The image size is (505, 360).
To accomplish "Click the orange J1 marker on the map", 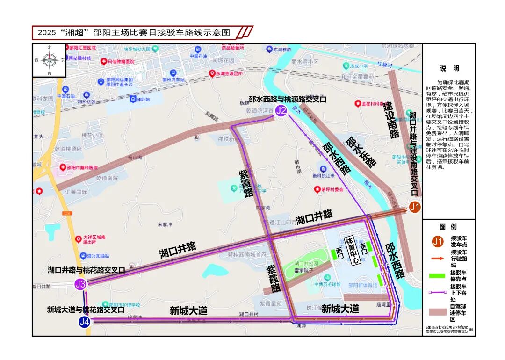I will coord(414,207).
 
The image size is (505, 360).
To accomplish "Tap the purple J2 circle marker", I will coord(281,111).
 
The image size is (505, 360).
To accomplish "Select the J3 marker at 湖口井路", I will coord(80,284).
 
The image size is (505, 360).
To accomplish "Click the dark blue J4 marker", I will coord(84,322).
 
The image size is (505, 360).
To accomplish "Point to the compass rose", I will coord(50,60).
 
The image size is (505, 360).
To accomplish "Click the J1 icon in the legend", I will coord(438,242).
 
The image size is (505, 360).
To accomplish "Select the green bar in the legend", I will coord(437,275).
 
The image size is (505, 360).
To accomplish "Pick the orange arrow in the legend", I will coord(437,258).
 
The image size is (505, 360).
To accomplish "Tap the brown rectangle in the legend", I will coord(437,312).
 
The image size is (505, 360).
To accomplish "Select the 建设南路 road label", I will coord(391,121).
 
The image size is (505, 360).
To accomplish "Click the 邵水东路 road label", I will coord(361,151).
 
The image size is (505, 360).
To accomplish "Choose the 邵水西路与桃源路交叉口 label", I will coord(287,99).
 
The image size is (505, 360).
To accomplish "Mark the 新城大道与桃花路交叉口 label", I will coord(86,309).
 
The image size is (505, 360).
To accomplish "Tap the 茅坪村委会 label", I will coord(335,189).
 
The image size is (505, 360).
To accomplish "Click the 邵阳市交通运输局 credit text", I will coord(447,327).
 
